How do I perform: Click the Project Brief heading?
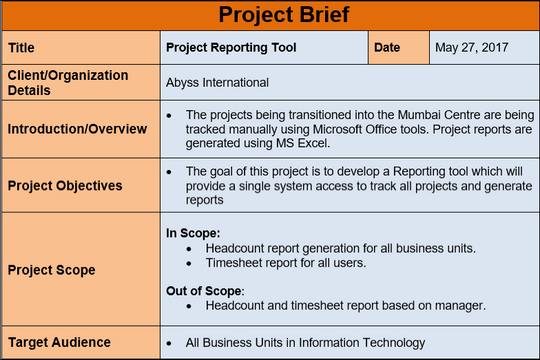click(270, 15)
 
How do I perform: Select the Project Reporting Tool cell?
click(231, 47)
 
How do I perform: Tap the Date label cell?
click(388, 47)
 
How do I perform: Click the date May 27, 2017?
click(473, 47)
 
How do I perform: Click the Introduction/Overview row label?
click(77, 129)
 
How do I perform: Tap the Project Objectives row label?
click(65, 185)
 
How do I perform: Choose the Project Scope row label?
click(52, 269)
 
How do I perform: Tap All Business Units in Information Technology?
click(305, 342)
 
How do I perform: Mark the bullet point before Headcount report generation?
click(191, 247)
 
